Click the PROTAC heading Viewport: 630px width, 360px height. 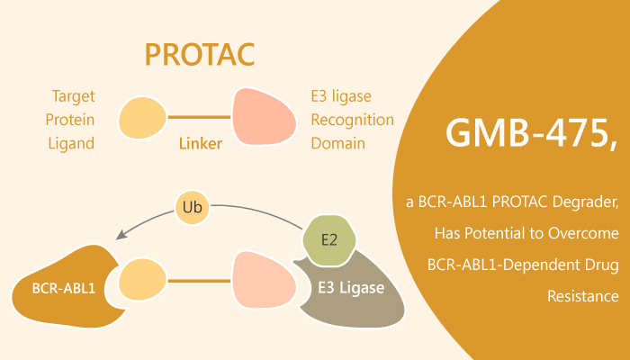pyautogui.click(x=199, y=55)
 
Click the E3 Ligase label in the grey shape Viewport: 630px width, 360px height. pyautogui.click(x=350, y=289)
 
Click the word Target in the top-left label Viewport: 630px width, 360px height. pyautogui.click(x=72, y=95)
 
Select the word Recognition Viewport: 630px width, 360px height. pyautogui.click(x=352, y=119)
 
